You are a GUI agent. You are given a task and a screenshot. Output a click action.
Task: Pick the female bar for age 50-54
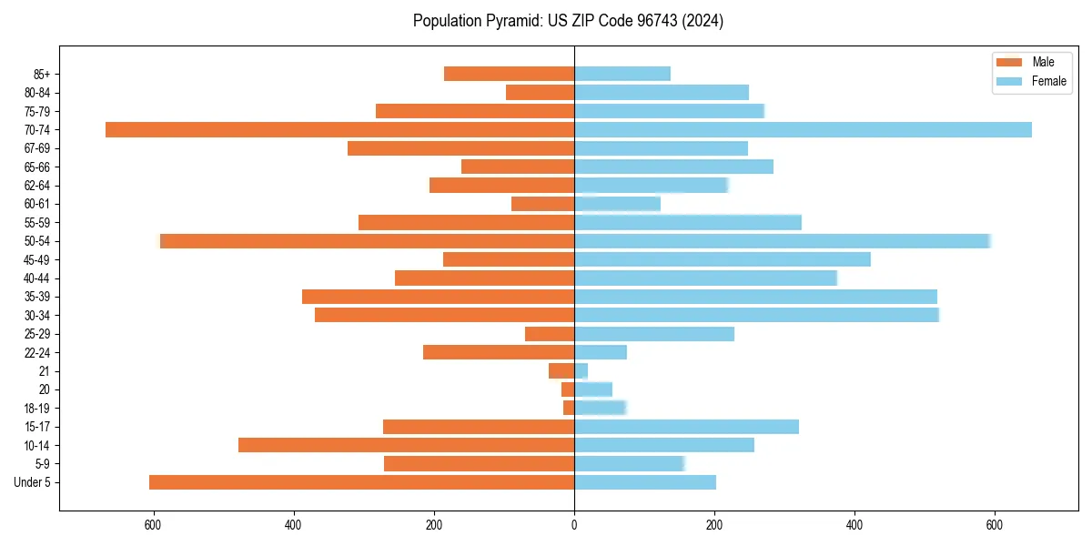click(783, 241)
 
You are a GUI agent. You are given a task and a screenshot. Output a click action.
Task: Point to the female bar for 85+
click(622, 74)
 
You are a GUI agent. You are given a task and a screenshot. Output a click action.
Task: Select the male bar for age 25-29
click(550, 334)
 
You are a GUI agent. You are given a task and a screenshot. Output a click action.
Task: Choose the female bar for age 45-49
click(723, 259)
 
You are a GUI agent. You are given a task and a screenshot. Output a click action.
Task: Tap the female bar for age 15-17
click(686, 427)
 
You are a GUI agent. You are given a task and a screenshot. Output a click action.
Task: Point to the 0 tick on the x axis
click(574, 525)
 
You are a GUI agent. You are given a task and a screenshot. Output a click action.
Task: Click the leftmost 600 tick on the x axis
click(153, 525)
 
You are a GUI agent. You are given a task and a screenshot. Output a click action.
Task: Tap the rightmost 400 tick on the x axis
click(854, 525)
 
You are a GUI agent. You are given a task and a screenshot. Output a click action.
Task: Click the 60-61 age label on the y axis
click(37, 204)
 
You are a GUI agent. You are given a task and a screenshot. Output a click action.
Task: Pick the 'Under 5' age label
click(33, 482)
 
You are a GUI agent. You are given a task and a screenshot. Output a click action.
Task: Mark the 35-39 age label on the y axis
click(37, 297)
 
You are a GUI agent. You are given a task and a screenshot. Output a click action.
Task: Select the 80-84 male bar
click(540, 92)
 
